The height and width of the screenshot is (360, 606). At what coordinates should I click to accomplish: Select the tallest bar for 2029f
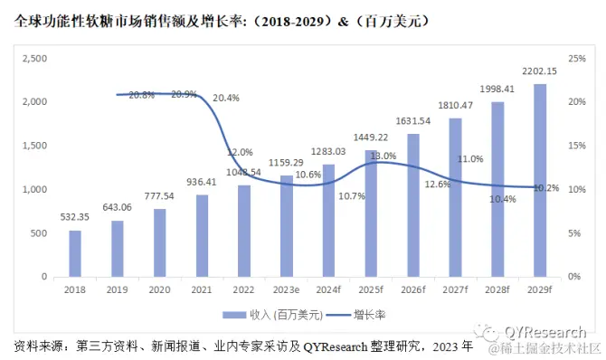tap(539, 180)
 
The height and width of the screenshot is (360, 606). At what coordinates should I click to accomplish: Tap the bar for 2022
tap(244, 231)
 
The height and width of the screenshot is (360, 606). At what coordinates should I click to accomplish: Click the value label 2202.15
tap(539, 72)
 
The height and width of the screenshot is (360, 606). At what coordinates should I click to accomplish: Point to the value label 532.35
tap(75, 217)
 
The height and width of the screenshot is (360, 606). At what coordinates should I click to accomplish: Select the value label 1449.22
tap(372, 137)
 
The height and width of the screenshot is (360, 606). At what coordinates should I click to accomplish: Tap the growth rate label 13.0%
tap(383, 156)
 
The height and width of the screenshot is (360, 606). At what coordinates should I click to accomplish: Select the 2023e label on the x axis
tap(287, 290)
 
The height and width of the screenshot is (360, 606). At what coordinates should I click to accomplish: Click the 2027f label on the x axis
tap(455, 290)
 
